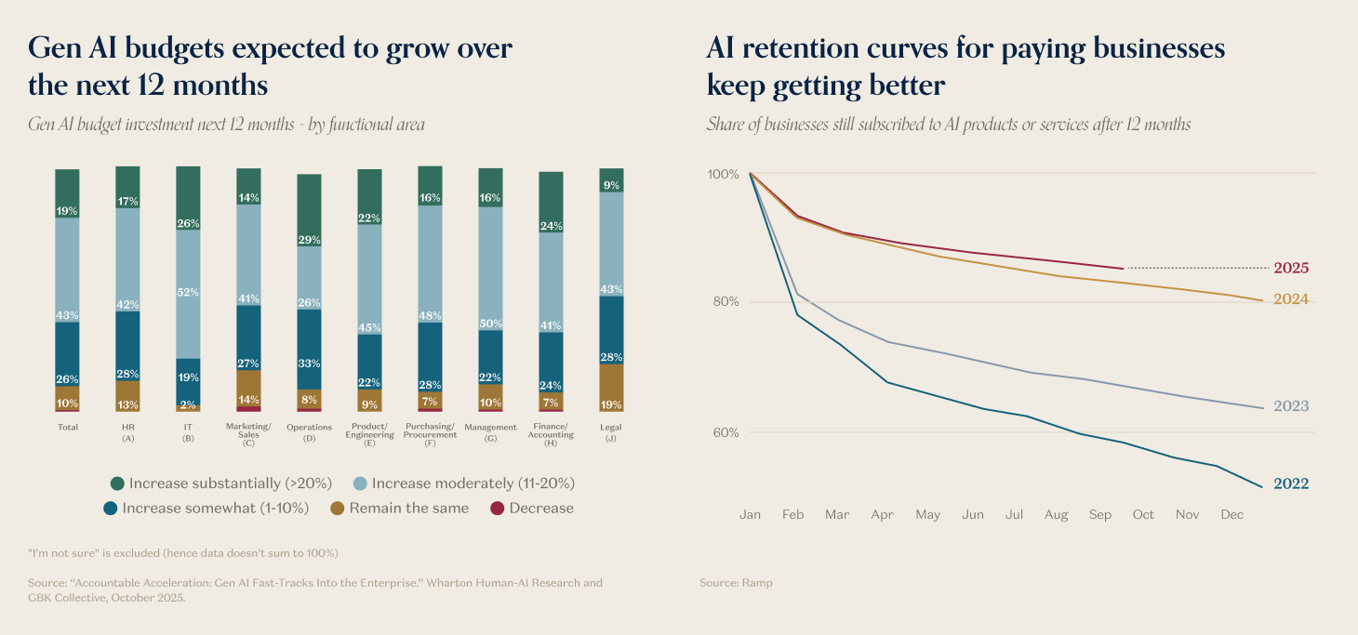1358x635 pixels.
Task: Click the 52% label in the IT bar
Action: click(x=188, y=292)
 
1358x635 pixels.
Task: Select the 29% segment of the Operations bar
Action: click(x=309, y=210)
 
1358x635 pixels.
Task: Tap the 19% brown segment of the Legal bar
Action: click(x=611, y=388)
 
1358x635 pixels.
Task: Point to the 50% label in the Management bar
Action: click(x=490, y=324)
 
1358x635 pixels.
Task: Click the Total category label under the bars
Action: click(x=67, y=428)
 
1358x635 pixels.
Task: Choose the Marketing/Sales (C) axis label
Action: click(x=248, y=434)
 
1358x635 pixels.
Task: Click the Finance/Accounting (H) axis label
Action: click(x=551, y=434)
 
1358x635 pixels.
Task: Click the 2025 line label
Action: click(x=1291, y=268)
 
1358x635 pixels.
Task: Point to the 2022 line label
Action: click(x=1291, y=483)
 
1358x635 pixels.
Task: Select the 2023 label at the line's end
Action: click(x=1291, y=406)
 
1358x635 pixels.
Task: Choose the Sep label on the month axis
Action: click(x=1099, y=514)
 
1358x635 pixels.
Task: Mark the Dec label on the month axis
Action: click(x=1232, y=514)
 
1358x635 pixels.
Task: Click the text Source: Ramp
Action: click(x=736, y=583)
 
